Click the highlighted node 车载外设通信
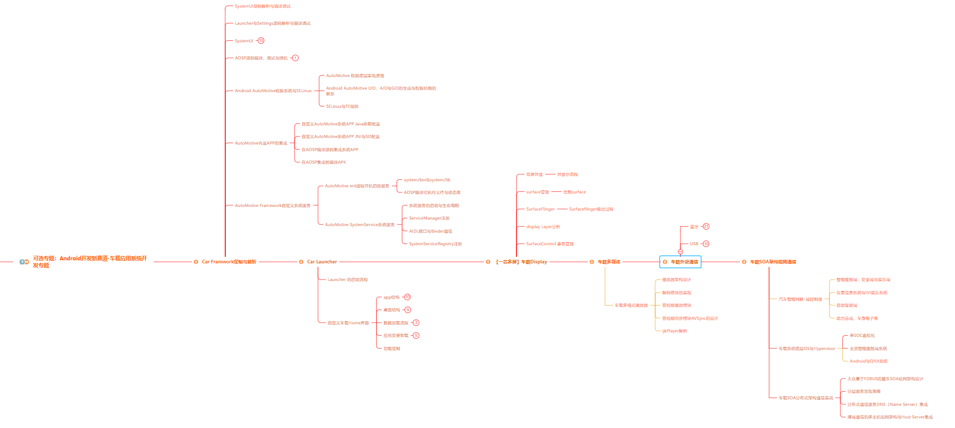683,262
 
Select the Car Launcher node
322,262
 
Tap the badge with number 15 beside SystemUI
261,41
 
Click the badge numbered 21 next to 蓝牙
706,227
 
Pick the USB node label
694,244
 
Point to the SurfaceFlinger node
540,209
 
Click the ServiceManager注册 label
429,218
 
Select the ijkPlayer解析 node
674,331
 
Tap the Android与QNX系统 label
869,361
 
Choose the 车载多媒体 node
609,262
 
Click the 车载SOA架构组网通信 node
772,262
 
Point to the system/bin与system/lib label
427,180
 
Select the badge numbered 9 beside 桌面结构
408,310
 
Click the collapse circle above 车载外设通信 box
680,252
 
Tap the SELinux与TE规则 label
342,106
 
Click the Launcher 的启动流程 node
348,279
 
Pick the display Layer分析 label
543,227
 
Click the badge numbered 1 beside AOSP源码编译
295,58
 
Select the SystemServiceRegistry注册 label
435,244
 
